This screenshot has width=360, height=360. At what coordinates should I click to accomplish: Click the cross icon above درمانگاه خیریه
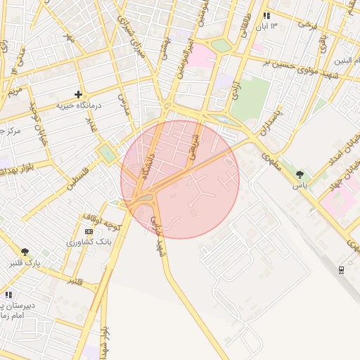[x=78, y=94]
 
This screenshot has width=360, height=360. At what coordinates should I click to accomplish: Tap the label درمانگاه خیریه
[x=79, y=105]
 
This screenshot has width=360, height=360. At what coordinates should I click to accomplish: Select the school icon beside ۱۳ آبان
[x=266, y=15]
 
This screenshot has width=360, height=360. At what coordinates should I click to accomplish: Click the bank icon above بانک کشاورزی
[x=89, y=231]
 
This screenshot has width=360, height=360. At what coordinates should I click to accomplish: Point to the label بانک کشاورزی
[x=89, y=242]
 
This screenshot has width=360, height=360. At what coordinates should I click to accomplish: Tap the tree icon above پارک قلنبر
[x=26, y=252]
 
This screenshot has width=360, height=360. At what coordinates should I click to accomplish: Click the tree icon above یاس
[x=300, y=174]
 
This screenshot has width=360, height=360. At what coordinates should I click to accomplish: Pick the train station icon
[x=341, y=269]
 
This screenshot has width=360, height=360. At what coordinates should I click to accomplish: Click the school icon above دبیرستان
[x=8, y=295]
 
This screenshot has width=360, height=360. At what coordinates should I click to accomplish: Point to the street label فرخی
[x=307, y=24]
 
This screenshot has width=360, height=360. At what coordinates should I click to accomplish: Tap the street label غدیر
[x=90, y=126]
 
